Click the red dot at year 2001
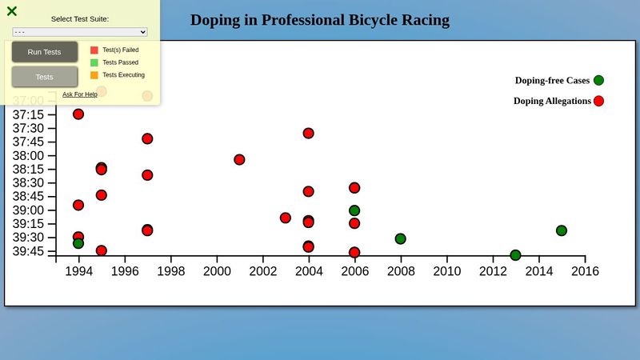click(239, 159)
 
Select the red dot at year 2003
click(286, 218)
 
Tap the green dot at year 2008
click(400, 238)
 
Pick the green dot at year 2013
click(515, 255)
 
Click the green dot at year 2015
click(562, 230)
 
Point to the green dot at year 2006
click(354, 210)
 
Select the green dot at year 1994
click(78, 243)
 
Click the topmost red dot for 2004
click(308, 133)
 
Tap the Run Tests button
click(45, 52)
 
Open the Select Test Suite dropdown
click(80, 32)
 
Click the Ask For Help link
click(80, 94)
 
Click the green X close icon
click(12, 11)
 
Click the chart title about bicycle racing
click(320, 20)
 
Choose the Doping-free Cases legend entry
click(552, 80)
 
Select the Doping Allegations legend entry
click(552, 101)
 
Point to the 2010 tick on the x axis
click(446, 271)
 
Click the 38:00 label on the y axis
click(29, 155)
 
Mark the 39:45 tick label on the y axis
click(29, 251)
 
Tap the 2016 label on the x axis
click(585, 271)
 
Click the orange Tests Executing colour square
click(94, 75)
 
